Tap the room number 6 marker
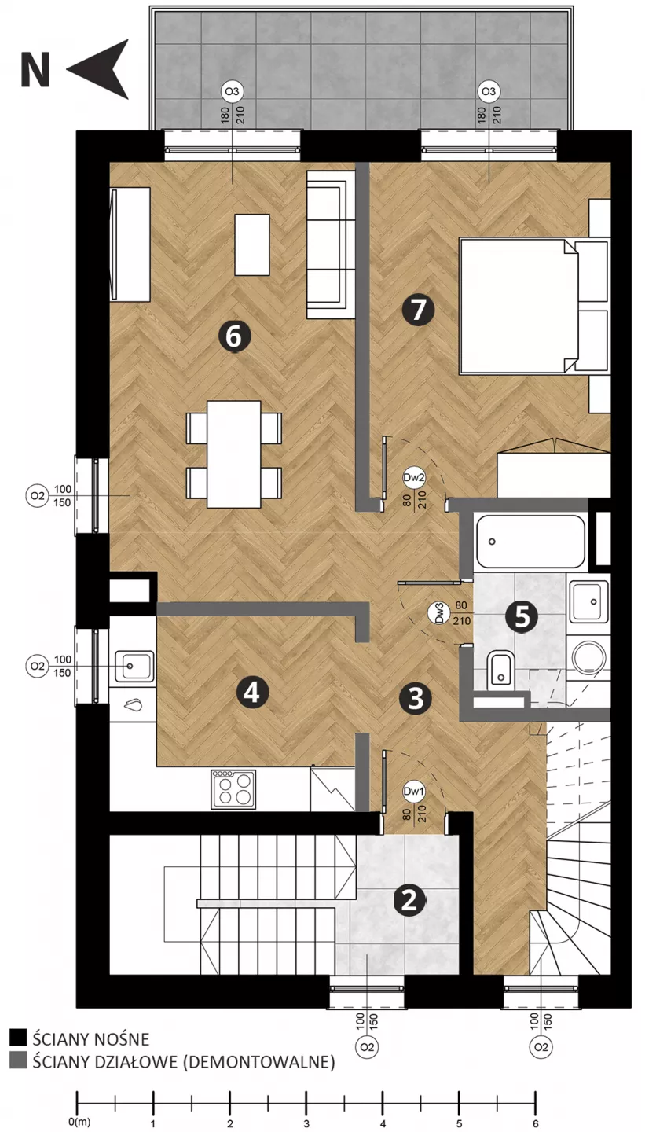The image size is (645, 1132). tap(235, 336)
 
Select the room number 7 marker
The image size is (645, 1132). tap(418, 309)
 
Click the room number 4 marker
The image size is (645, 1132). tap(252, 693)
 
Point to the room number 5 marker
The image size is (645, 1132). tap(522, 616)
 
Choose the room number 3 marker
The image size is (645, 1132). tap(415, 698)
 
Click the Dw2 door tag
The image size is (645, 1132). tap(414, 478)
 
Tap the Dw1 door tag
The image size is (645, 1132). tap(414, 792)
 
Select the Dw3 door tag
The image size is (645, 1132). tap(438, 613)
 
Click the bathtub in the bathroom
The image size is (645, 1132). tap(530, 542)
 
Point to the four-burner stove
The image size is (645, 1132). tap(233, 789)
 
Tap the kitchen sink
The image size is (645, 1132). tap(134, 666)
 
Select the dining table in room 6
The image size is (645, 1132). tap(234, 454)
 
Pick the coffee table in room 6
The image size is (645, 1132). tap(252, 244)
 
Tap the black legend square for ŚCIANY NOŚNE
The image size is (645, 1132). tap(18, 1037)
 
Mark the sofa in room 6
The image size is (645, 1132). tap(331, 244)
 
